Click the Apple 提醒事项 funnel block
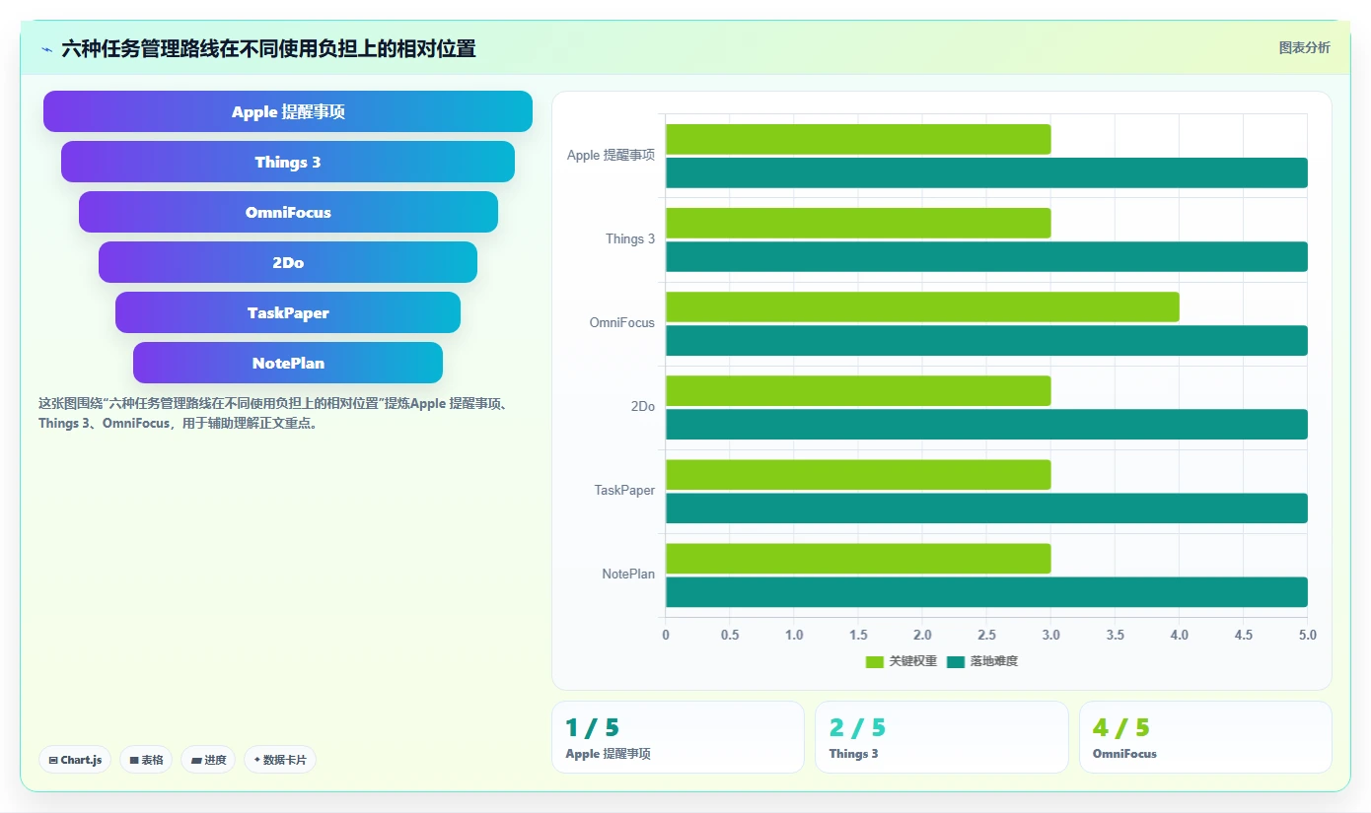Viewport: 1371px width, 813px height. point(288,111)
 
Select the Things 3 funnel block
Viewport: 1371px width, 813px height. point(288,162)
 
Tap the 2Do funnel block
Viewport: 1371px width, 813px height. point(288,262)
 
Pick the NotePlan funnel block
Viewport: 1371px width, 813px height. point(288,362)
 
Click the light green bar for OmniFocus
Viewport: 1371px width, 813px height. point(922,306)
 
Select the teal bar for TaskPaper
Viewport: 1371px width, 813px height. point(986,508)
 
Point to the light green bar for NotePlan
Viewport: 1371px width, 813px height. point(858,559)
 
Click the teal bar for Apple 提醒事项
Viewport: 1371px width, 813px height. point(986,172)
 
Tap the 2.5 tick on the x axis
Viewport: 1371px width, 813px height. point(986,635)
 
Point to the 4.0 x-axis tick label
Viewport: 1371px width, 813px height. point(1180,635)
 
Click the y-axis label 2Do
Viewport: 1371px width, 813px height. point(643,406)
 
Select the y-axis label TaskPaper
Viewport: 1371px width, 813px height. point(624,490)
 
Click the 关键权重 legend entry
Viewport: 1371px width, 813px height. point(901,661)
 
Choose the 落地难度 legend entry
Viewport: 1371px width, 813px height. point(982,661)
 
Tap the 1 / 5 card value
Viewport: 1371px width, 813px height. point(593,727)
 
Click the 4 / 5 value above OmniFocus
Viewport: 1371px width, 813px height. point(1120,727)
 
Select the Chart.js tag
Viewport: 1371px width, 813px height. point(75,760)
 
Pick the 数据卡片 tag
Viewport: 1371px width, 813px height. point(280,760)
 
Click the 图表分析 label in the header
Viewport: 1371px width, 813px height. point(1304,47)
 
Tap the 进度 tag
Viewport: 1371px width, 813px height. point(209,760)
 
